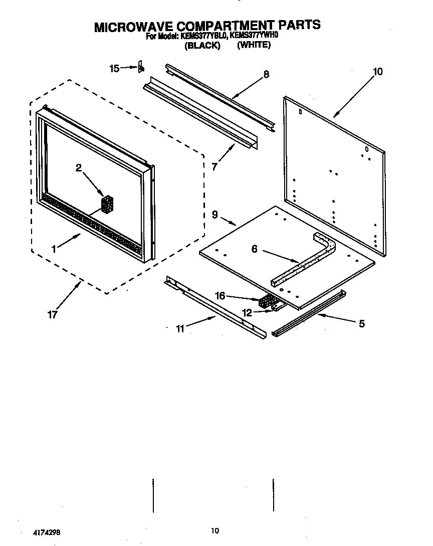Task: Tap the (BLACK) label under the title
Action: point(202,46)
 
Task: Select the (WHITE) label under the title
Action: point(254,45)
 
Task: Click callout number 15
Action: point(114,68)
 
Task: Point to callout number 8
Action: point(266,74)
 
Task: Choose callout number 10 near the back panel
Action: point(377,72)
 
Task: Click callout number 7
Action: point(214,166)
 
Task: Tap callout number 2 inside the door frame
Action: point(79,168)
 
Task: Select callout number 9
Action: point(214,215)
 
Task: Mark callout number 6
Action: point(255,249)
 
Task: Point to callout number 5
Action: point(361,323)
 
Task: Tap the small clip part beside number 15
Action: point(141,67)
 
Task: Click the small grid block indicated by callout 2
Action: point(108,204)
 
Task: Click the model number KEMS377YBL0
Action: point(203,36)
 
